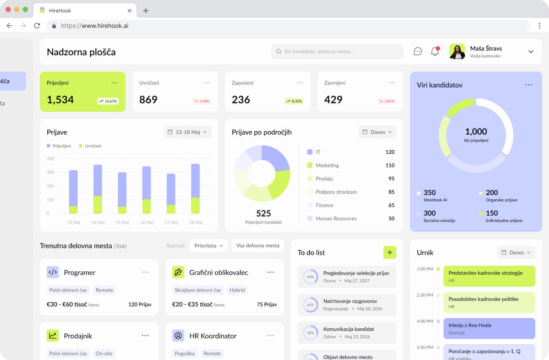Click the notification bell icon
[x=435, y=51]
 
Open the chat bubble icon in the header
[x=418, y=51]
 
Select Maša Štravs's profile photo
[x=457, y=51]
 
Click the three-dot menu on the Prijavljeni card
[x=114, y=83]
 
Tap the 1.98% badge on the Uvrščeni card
[x=202, y=101]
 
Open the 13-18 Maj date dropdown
[x=187, y=132]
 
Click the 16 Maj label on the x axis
[x=147, y=222]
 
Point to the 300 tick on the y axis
[x=51, y=172]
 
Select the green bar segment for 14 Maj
[x=98, y=205]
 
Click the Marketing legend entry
[x=327, y=165]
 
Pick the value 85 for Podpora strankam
[x=391, y=192]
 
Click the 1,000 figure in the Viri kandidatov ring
[x=476, y=132]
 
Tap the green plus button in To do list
[x=389, y=252]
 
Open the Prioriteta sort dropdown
[x=209, y=246]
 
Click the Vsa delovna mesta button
[x=258, y=246]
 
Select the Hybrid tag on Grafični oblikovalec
[x=237, y=290]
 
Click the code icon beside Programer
[x=53, y=272]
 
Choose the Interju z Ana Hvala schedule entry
[x=489, y=328]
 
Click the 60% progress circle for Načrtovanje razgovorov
[x=311, y=305]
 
